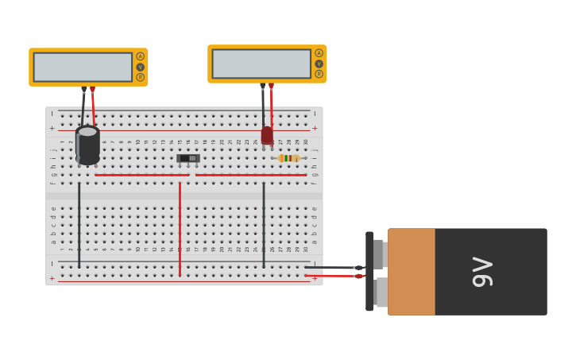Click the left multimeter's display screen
tap(83, 67)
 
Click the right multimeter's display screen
tap(261, 64)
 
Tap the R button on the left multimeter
tap(141, 77)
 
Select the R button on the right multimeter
tap(319, 74)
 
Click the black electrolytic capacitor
tap(87, 145)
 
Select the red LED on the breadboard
tap(267, 135)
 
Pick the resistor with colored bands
tap(288, 158)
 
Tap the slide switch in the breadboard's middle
tap(188, 158)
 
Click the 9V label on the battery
tap(481, 272)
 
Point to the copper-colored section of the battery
tap(411, 272)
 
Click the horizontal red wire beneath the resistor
tap(250, 175)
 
